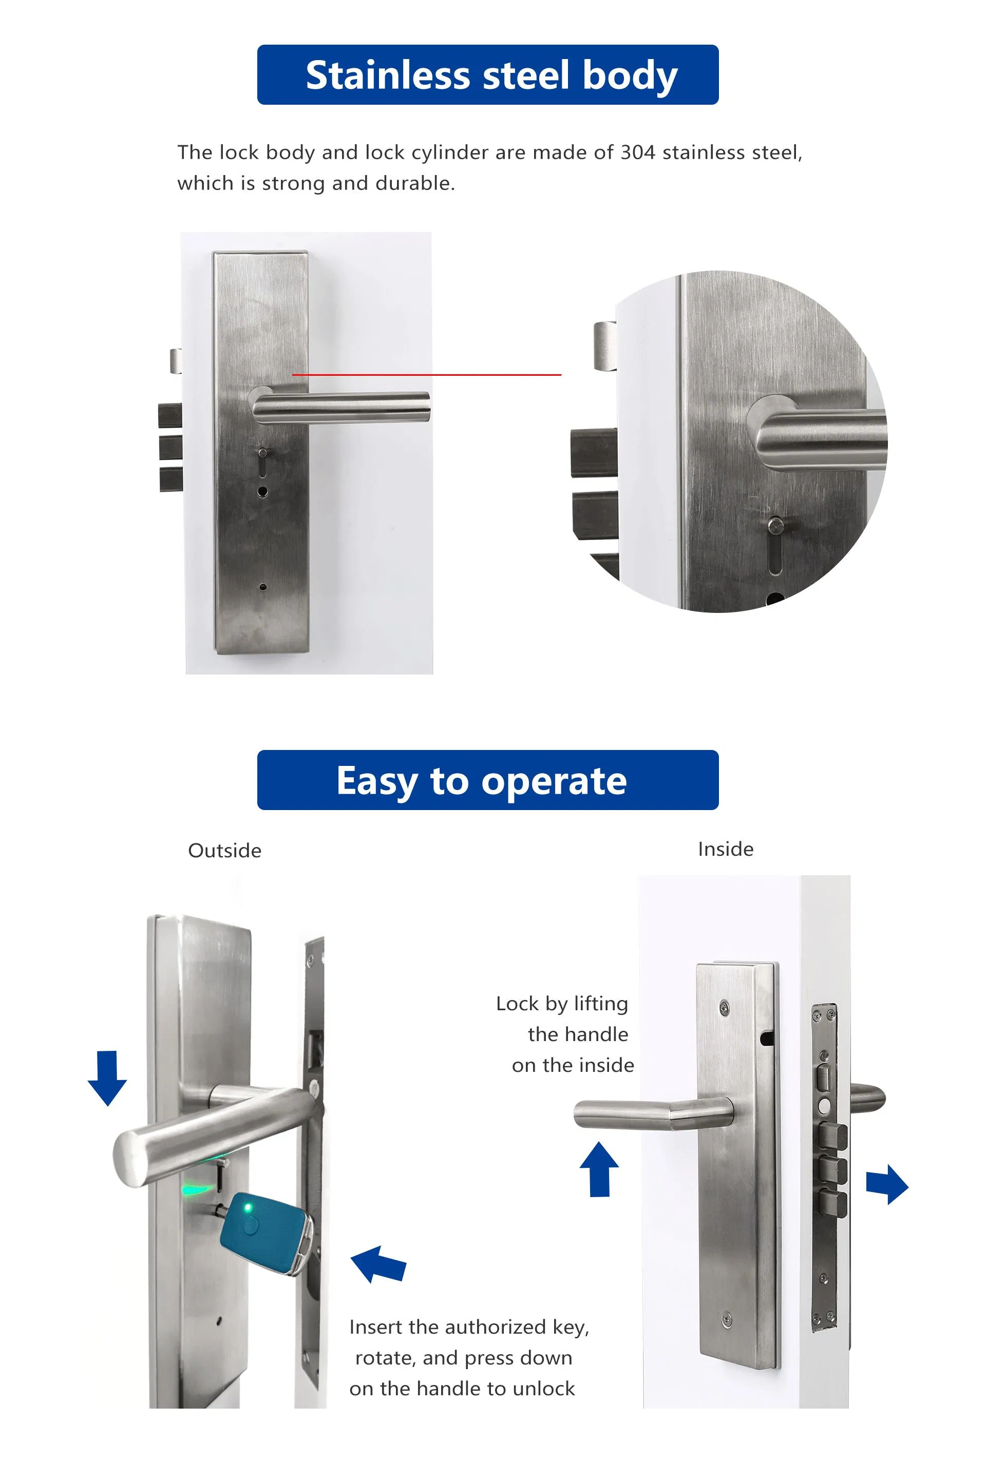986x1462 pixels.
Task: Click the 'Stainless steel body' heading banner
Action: (488, 75)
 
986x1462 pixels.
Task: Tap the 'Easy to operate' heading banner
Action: (488, 780)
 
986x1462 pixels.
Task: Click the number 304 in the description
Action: (638, 153)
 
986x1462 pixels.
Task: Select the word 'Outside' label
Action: (224, 851)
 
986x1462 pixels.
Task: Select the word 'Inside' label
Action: (725, 849)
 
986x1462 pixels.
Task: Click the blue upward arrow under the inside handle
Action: (599, 1168)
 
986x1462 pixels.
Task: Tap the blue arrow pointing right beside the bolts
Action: (887, 1184)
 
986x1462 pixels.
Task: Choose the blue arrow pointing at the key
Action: (378, 1263)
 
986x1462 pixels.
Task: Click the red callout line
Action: (428, 375)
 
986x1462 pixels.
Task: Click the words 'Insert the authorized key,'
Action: (469, 1327)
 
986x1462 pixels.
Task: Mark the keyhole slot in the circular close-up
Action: (776, 546)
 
